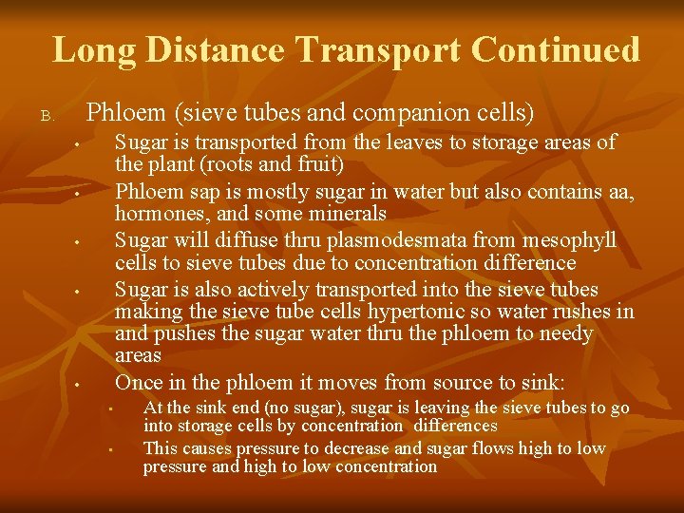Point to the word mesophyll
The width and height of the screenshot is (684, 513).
click(x=569, y=240)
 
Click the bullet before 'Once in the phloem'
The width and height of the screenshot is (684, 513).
click(x=77, y=385)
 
